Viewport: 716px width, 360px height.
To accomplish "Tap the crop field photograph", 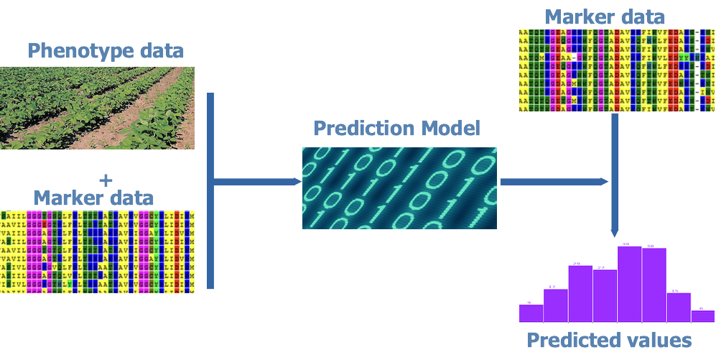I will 97,108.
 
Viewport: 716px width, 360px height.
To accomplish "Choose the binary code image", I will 399,188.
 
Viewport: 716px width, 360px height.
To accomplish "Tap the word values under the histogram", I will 658,340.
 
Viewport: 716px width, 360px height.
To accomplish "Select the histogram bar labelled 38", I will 654,285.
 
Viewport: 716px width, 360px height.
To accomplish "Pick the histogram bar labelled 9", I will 531,313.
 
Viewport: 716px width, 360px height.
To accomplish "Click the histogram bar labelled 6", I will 703,316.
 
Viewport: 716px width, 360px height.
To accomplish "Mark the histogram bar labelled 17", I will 556,305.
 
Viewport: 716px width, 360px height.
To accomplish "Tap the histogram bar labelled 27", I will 605,295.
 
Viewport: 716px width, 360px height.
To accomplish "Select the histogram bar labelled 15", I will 679,307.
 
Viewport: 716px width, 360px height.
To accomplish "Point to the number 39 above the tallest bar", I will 625,245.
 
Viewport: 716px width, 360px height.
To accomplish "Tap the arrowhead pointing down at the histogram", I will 614,234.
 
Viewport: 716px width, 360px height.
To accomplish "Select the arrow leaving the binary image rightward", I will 553,182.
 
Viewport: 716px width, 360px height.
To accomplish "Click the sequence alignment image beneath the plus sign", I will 97,251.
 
